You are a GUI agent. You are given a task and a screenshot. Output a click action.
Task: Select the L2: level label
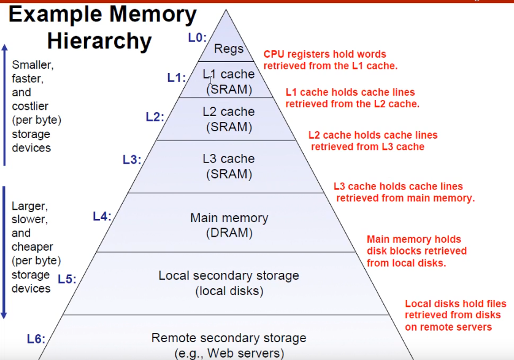155,117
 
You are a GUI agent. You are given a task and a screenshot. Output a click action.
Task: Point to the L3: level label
132,159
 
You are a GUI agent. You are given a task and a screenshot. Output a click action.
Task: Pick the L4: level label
102,216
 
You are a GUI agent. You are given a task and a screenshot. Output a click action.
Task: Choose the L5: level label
67,279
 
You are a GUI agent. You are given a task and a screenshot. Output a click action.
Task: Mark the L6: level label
36,339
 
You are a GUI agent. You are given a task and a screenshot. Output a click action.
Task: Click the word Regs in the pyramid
229,49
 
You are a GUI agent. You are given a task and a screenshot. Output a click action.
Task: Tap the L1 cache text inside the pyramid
228,75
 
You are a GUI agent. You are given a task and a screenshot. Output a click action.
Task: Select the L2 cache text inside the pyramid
228,112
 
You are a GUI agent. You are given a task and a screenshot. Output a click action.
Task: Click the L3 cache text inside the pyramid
228,159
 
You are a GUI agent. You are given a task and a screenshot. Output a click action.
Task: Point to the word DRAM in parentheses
229,233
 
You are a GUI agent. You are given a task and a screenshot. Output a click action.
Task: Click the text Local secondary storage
229,275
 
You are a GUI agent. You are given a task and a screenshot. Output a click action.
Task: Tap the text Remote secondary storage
229,338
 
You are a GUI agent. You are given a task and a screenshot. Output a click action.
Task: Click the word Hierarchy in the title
99,41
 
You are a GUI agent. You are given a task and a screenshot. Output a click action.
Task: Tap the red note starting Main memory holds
416,251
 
